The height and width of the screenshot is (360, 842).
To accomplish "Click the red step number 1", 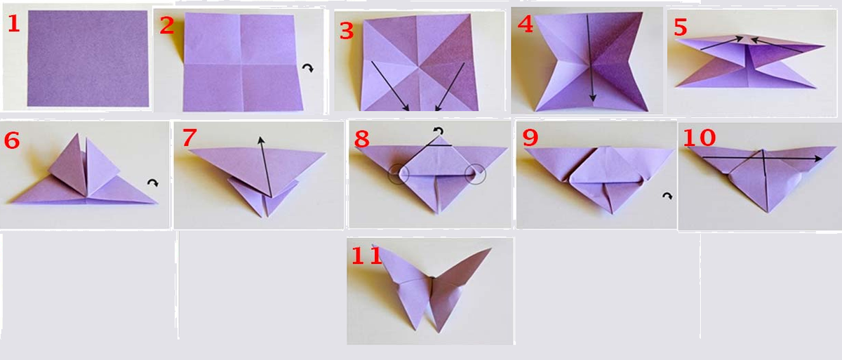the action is point(13,24).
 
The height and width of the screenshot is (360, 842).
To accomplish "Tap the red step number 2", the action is point(167,26).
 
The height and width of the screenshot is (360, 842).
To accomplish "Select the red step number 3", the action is point(347,31).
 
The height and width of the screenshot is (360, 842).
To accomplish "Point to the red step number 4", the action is point(526,25).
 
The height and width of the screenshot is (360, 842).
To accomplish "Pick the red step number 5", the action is point(681,27).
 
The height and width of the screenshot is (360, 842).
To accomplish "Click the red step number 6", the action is point(12,140).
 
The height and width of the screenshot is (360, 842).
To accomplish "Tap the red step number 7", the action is point(189,137).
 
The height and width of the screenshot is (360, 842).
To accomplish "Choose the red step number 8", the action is point(361,139).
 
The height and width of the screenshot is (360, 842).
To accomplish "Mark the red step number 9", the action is point(530,138).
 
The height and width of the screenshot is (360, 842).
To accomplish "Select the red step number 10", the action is point(699,138).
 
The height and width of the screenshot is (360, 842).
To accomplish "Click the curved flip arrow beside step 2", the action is point(308,67).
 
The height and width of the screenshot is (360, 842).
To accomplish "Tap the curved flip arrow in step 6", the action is point(153,182).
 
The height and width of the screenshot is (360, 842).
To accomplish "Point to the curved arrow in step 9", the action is point(667,196).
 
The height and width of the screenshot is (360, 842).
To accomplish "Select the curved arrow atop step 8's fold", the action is point(439,131).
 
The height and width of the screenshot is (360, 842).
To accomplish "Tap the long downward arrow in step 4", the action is point(590,58).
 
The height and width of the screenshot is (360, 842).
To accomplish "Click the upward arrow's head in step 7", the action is point(260,140).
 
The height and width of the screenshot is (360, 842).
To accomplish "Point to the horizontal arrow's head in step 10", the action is point(818,159).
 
